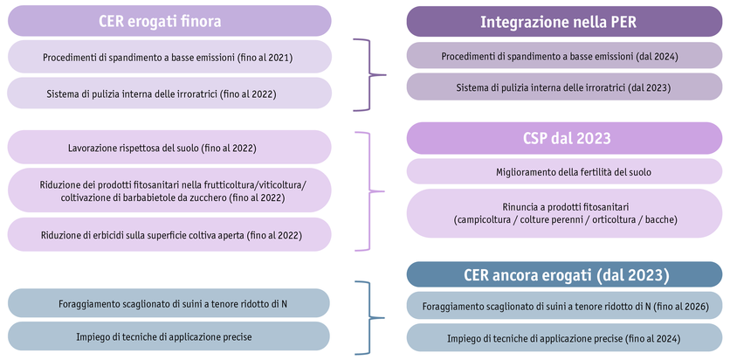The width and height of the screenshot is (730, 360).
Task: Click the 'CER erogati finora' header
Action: coord(169,21)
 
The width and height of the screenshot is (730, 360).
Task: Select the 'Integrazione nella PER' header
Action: coord(565,22)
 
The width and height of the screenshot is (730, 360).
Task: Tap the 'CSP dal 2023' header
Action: coord(565,138)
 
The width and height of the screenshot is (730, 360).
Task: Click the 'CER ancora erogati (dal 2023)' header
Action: coord(565,275)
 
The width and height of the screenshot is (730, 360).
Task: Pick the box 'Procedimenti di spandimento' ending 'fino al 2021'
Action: coord(169,58)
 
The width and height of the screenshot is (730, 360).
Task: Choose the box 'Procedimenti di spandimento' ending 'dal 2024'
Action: coord(565,57)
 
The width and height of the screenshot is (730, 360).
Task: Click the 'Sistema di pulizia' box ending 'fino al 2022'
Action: coord(169,93)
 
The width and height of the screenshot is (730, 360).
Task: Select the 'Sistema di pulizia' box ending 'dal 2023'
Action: coord(565,87)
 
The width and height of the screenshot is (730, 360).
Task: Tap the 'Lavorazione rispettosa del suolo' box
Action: coord(169,148)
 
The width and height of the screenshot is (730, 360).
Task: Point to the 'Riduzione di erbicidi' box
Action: coord(169,234)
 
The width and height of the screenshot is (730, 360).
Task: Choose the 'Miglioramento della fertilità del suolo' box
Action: coord(565,172)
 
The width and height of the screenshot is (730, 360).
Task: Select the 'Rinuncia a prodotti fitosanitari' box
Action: coord(565,212)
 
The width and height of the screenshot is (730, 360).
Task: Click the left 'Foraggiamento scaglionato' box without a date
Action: coord(169,303)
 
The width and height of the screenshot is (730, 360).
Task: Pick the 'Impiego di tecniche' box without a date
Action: coord(169,336)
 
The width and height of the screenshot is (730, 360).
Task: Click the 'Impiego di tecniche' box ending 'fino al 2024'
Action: coord(565,338)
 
